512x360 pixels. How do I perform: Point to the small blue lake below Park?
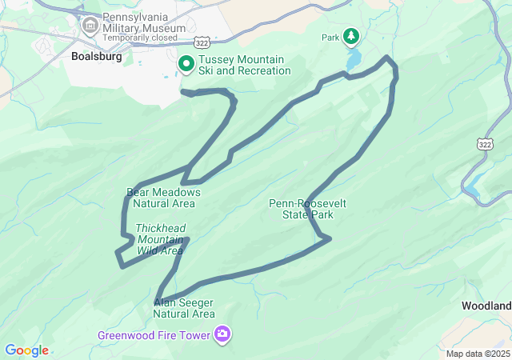tap(354, 61)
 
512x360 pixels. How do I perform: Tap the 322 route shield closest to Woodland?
tap(483, 142)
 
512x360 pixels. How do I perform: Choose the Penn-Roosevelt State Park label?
tap(308, 209)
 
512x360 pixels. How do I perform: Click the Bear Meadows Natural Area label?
tap(163, 198)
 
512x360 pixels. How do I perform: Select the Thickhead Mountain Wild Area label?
tap(160, 239)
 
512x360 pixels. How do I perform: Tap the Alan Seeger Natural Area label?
tap(185, 308)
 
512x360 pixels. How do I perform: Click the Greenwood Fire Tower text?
tap(154, 334)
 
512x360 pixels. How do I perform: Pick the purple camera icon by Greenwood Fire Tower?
tap(222, 334)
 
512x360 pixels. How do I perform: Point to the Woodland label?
tap(486, 306)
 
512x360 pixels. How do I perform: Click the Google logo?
tap(26, 350)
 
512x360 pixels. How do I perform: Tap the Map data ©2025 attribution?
tap(478, 354)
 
